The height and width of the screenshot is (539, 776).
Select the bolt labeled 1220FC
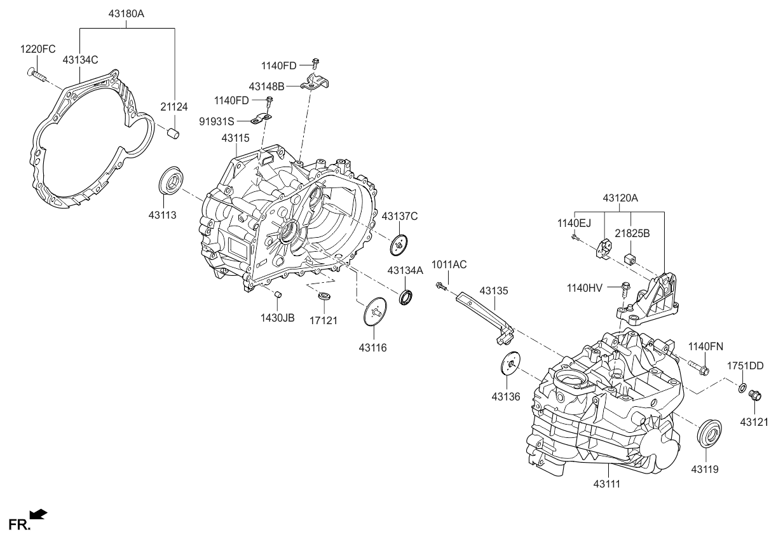tap(36, 74)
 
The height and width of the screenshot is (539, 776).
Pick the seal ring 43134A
tap(405, 296)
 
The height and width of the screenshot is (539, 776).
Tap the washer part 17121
tap(324, 296)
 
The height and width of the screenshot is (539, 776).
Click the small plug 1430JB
tap(278, 294)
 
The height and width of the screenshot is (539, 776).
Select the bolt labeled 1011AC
tap(440, 287)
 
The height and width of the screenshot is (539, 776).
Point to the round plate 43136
tap(509, 363)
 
